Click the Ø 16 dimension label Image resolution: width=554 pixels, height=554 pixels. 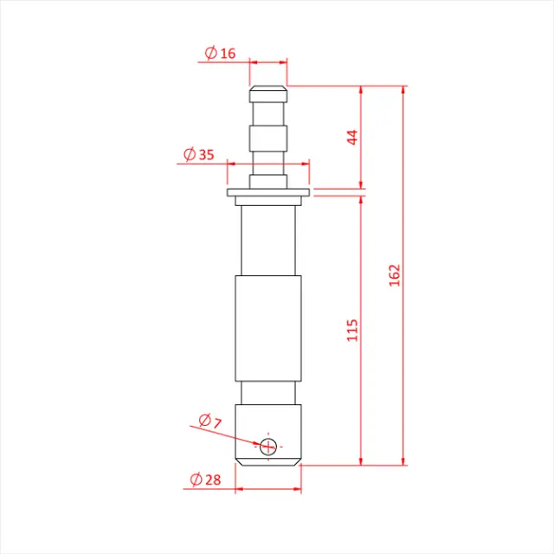[220, 54]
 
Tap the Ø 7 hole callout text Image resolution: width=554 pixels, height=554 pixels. [209, 421]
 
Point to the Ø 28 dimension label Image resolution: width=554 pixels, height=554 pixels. [204, 479]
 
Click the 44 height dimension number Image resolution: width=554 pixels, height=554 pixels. [352, 137]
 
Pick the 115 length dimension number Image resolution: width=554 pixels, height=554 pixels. [352, 330]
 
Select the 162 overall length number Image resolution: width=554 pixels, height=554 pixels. [395, 276]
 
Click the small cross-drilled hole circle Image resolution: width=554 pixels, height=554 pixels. [268, 446]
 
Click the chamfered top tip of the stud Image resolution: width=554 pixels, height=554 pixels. [268, 89]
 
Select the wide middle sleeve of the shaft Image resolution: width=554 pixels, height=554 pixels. [268, 329]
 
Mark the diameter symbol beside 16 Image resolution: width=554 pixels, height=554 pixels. [210, 54]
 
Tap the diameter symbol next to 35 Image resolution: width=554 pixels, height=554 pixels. [189, 155]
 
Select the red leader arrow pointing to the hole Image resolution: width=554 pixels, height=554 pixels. [229, 435]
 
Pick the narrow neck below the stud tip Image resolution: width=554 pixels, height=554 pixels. [268, 112]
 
